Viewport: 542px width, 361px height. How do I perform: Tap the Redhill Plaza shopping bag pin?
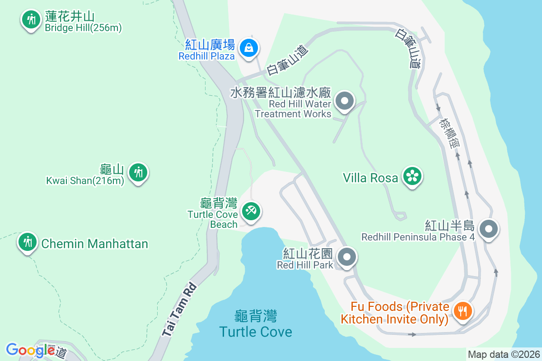click(x=248, y=47)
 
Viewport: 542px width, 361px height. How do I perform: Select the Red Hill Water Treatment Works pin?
click(x=346, y=101)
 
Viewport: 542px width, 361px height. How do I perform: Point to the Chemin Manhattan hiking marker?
click(x=28, y=242)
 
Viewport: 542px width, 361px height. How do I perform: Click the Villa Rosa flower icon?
click(x=412, y=177)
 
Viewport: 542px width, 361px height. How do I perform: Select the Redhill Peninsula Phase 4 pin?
click(x=488, y=229)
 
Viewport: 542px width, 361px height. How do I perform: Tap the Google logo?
click(x=30, y=350)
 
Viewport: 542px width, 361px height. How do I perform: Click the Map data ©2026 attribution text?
click(x=504, y=354)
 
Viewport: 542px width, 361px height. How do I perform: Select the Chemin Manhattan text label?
click(x=95, y=244)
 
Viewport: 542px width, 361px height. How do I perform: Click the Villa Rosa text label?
click(x=370, y=178)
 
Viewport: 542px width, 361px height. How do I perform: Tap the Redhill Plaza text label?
click(x=206, y=56)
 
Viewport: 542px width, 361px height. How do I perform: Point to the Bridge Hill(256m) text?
click(x=83, y=28)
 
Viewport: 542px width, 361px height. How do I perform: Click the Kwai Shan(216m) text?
click(x=85, y=181)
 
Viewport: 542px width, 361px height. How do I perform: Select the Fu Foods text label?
click(x=394, y=313)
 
